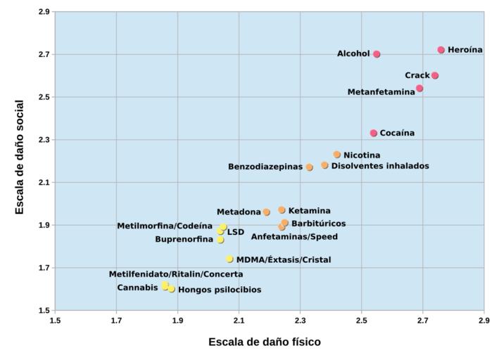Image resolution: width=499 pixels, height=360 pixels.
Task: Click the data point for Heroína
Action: click(441, 50)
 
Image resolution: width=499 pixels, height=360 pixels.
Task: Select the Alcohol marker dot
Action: click(377, 54)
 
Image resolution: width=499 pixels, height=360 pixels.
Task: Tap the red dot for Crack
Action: click(435, 75)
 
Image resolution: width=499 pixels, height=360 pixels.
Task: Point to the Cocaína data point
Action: click(374, 133)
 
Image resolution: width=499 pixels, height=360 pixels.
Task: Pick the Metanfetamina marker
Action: click(419, 89)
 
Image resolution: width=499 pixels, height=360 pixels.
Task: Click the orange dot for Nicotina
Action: click(337, 155)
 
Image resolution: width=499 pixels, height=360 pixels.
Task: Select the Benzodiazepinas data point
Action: click(310, 167)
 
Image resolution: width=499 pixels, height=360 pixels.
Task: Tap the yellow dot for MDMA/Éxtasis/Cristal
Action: click(230, 259)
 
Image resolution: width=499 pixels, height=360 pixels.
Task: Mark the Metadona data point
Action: click(267, 212)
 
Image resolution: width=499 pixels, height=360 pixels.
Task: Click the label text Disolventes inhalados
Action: click(380, 166)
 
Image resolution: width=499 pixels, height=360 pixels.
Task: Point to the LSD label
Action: click(236, 231)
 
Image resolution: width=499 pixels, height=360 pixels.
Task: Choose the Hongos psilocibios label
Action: click(220, 290)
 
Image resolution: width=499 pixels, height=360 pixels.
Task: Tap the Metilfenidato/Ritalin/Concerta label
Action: click(176, 274)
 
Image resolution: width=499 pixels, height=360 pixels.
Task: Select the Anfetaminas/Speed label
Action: click(294, 237)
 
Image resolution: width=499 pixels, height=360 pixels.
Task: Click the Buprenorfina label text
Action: click(184, 240)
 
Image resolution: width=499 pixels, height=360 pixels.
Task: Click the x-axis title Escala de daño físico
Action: click(265, 342)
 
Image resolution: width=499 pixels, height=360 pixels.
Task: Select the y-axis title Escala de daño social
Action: click(20, 157)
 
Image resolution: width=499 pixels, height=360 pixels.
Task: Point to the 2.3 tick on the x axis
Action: click(300, 321)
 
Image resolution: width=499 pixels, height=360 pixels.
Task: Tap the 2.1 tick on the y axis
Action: click(44, 182)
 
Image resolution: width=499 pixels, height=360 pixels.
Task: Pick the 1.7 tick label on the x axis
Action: click(116, 321)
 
